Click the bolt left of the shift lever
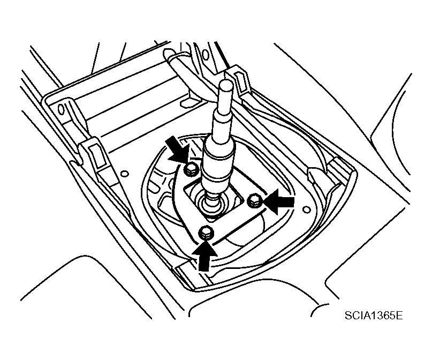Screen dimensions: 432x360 click(191, 169)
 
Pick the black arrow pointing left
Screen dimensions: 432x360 click(278, 201)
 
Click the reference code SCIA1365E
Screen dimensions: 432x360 click(373, 315)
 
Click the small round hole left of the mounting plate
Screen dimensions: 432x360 click(125, 174)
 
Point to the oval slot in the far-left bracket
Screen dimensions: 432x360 click(60, 109)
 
